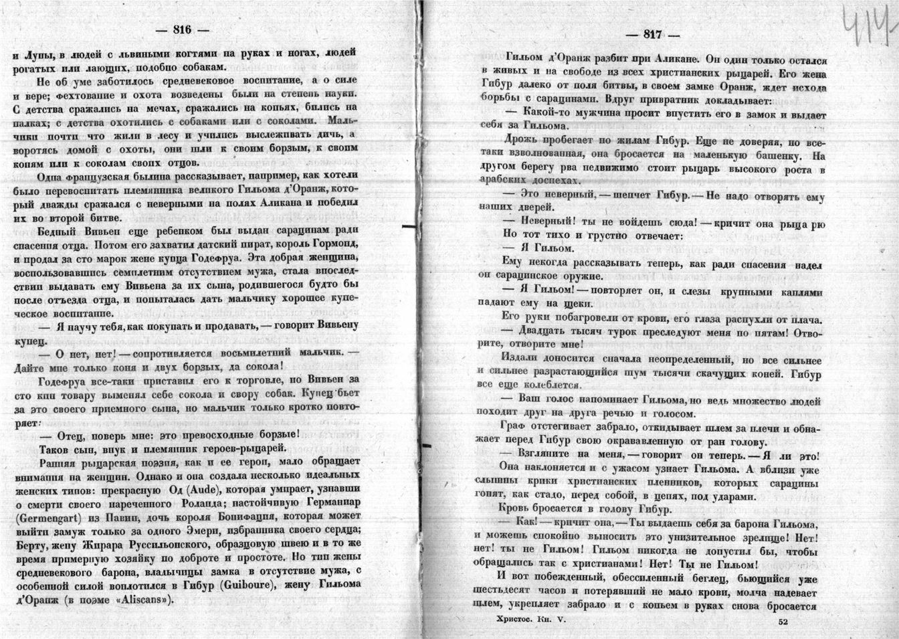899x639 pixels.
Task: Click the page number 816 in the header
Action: [x=182, y=29]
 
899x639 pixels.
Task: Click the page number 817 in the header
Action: [x=652, y=35]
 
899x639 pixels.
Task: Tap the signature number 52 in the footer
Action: [x=784, y=622]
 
